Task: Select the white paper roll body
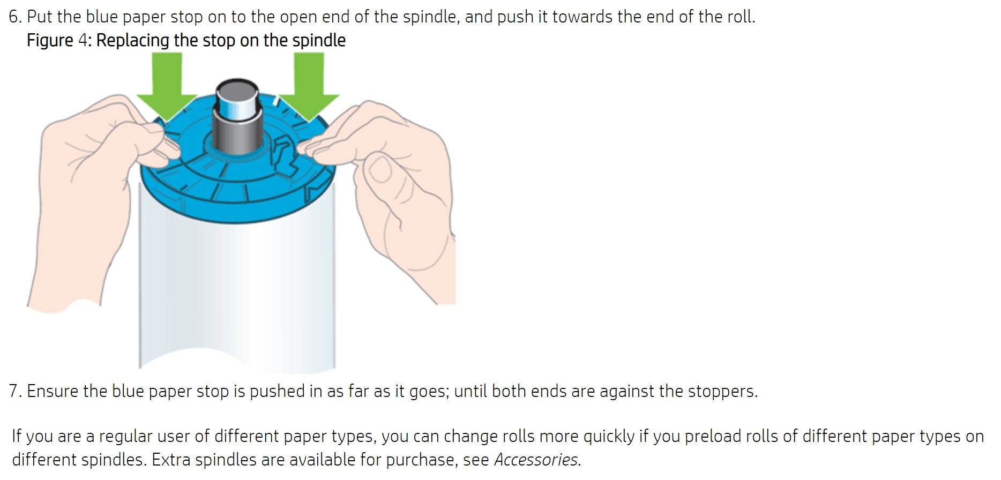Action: coord(237,289)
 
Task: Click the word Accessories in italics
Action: coord(536,460)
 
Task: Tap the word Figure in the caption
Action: coord(50,40)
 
